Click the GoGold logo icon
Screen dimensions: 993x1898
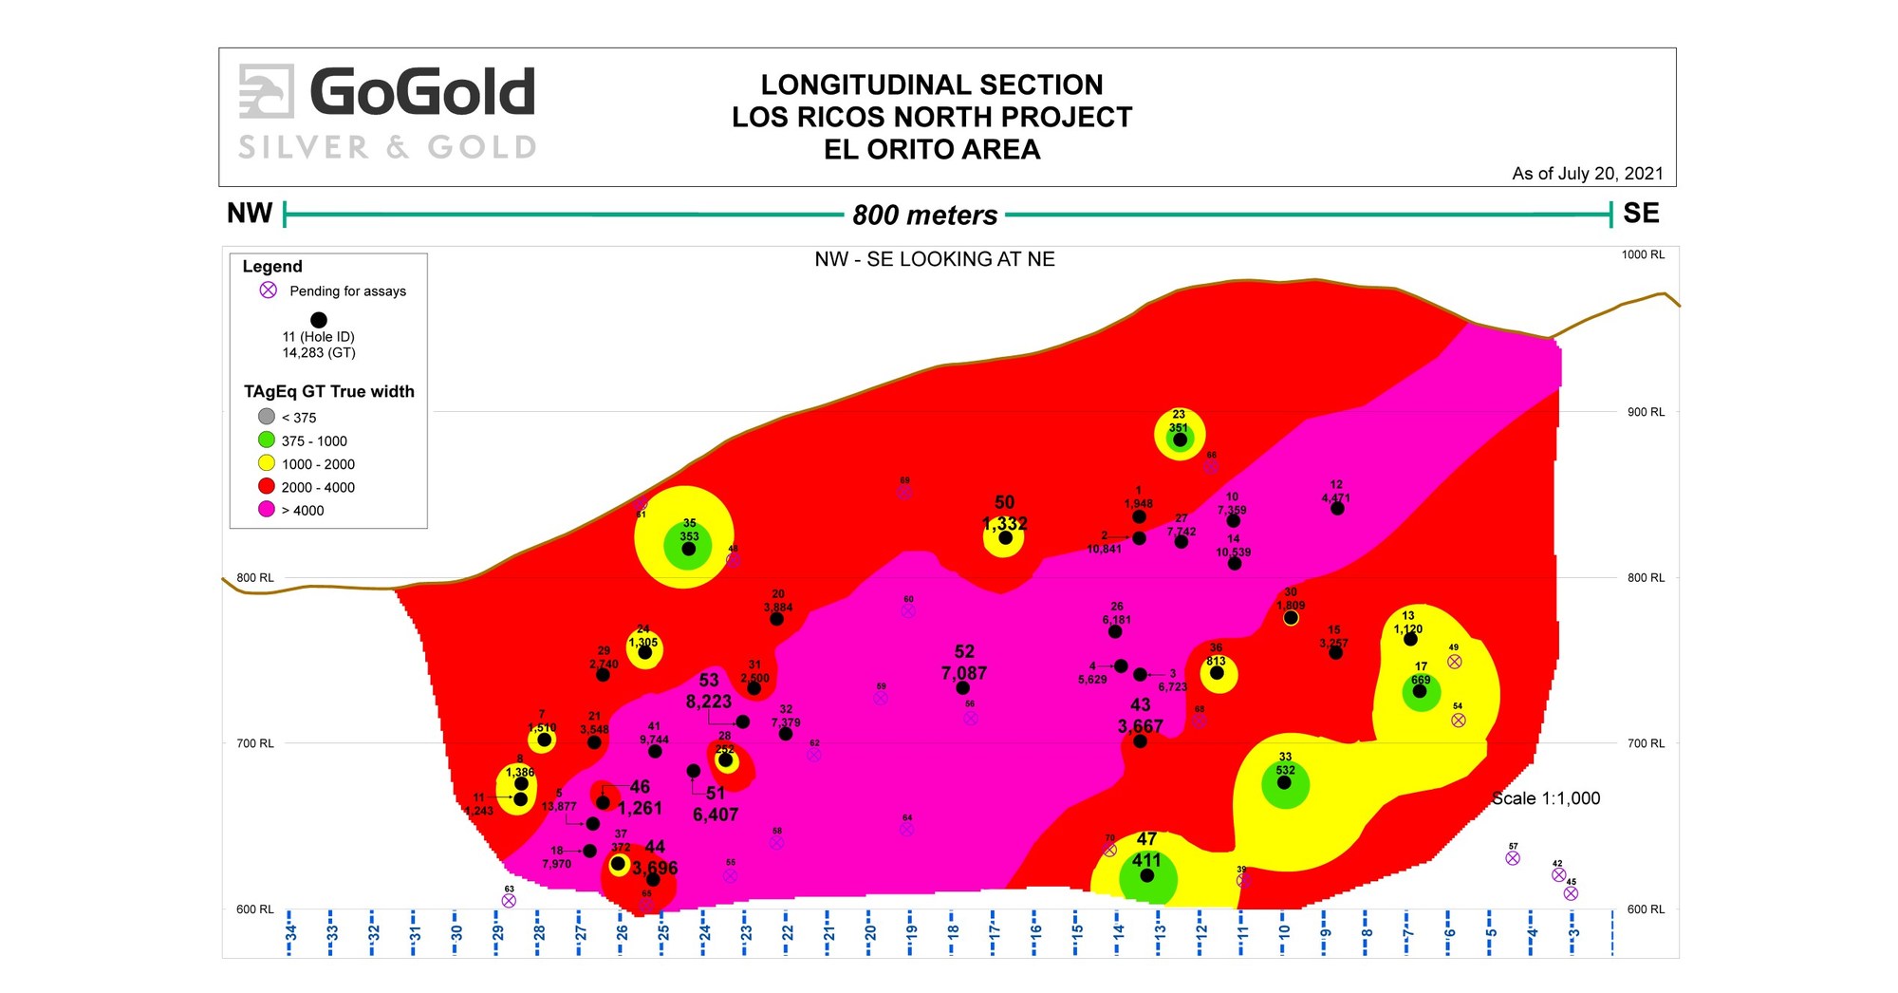[x=266, y=91]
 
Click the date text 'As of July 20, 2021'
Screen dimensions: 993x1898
[x=1587, y=174]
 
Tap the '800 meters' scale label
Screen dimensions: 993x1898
[x=924, y=215]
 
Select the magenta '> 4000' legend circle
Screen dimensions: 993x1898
[x=267, y=510]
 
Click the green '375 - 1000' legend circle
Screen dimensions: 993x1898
[x=267, y=440]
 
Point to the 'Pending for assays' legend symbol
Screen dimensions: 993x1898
[x=269, y=290]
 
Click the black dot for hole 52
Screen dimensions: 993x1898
[x=963, y=688]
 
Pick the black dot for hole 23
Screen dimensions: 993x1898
[x=1180, y=440]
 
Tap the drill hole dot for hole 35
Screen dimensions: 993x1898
[x=689, y=549]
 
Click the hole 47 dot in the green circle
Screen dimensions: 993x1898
[x=1147, y=875]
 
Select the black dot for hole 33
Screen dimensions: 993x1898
[x=1284, y=782]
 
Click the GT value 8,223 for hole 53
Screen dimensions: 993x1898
[x=709, y=702]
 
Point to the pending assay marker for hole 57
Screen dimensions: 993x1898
[x=1513, y=858]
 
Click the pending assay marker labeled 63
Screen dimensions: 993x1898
[x=509, y=901]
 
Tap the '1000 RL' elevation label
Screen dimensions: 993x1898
[x=1643, y=254]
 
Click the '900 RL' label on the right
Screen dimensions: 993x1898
[x=1646, y=412]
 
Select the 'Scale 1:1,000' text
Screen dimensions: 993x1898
[x=1545, y=798]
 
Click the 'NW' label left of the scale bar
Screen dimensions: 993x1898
[x=250, y=214]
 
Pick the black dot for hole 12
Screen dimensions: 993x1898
[x=1337, y=509]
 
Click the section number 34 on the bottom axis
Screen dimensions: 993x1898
[x=290, y=932]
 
